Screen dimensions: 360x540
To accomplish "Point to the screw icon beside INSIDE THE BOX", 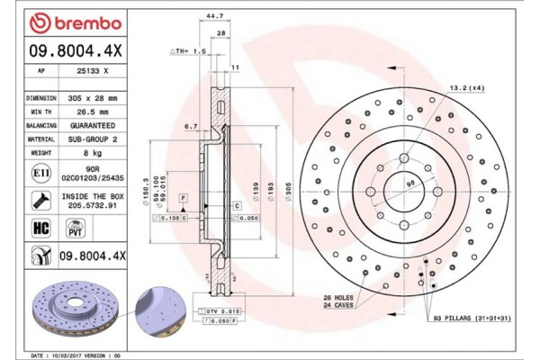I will pyautogui.click(x=41, y=199).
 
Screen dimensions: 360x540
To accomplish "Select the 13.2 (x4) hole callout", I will pyautogui.click(x=467, y=88).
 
